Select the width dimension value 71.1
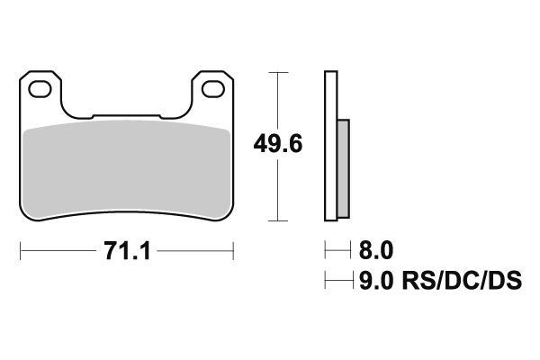pos(126,249)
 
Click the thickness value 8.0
pos(375,249)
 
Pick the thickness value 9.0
pos(375,282)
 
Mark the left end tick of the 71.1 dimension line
pos(20,249)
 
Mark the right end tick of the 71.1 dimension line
pos(234,249)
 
